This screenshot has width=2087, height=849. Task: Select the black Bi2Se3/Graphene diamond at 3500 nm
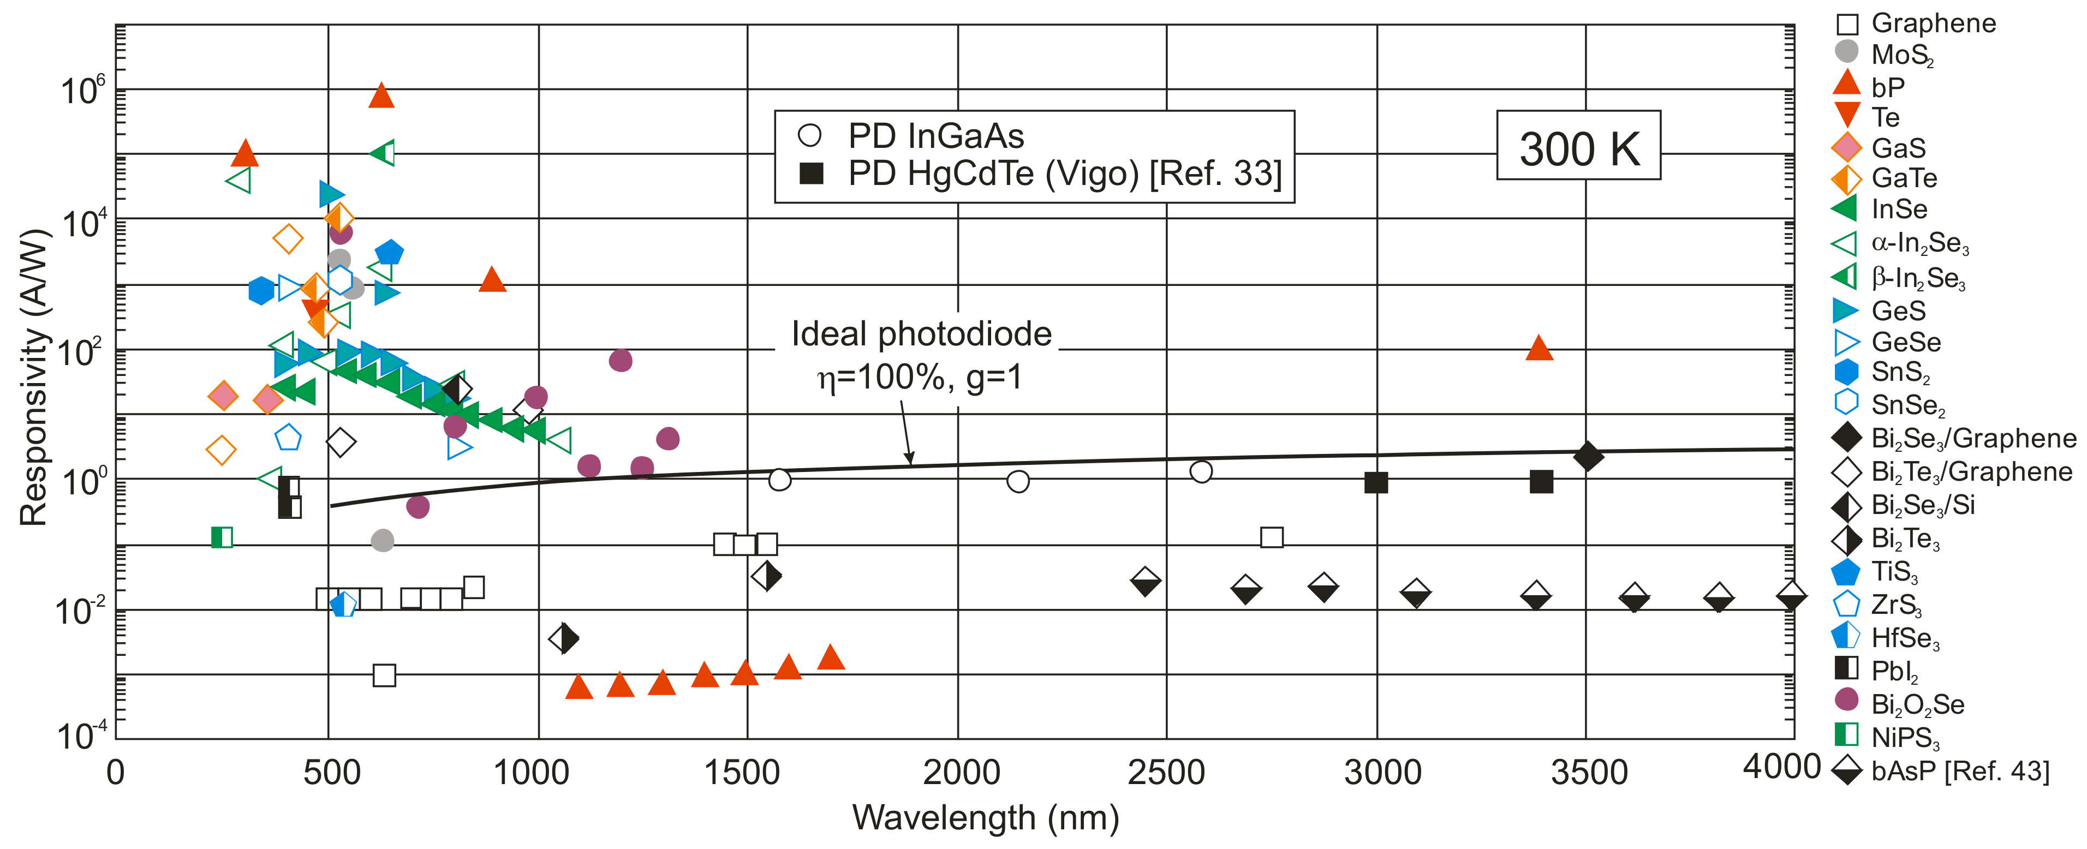(x=1588, y=456)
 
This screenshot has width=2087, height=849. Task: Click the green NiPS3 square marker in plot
(x=221, y=537)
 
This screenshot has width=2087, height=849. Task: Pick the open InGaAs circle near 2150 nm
(x=1017, y=481)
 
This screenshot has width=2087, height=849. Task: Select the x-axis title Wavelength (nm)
(x=985, y=818)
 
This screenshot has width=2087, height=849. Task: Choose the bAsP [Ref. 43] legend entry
(x=1959, y=771)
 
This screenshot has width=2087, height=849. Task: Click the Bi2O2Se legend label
(x=1917, y=705)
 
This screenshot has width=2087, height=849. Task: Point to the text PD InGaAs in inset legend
(x=936, y=136)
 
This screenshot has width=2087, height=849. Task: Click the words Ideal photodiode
(x=921, y=334)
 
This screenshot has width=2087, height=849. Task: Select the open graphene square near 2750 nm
(x=1271, y=537)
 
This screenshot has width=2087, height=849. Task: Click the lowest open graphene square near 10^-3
(x=384, y=675)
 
